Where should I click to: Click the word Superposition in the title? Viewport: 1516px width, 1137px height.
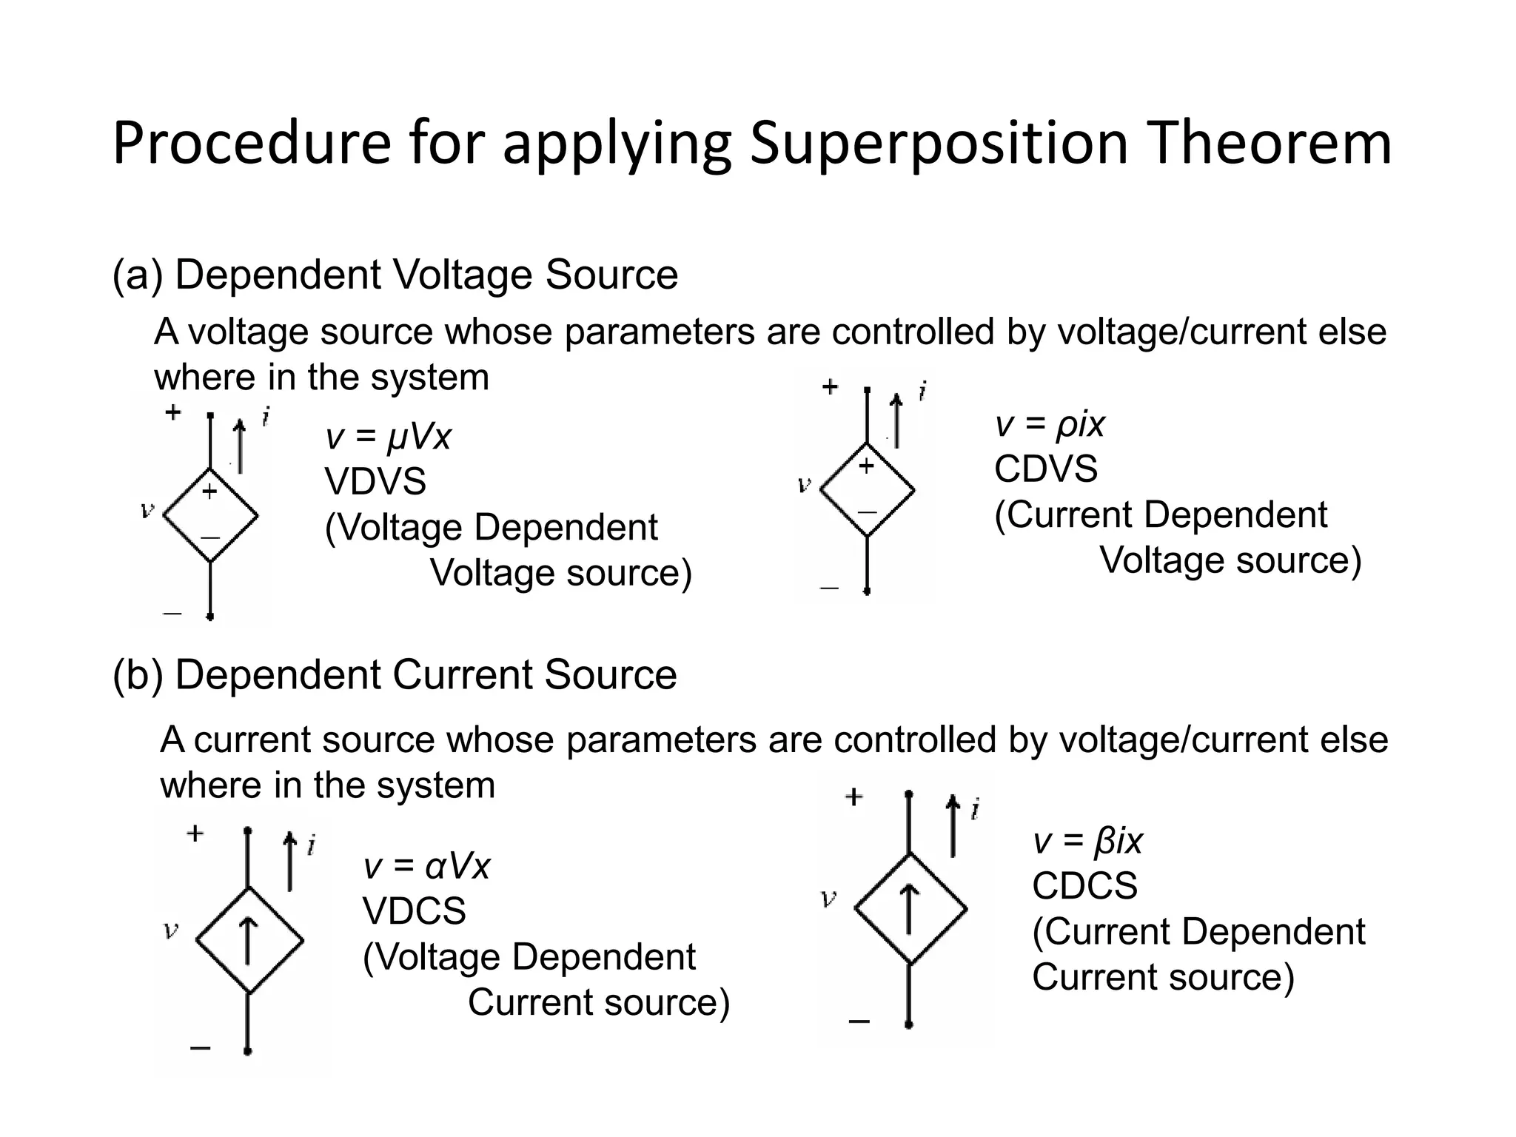[938, 143]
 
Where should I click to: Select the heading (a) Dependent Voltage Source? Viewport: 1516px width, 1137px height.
[395, 275]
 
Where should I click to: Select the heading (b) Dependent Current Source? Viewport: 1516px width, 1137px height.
[395, 674]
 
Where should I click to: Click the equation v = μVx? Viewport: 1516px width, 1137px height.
[388, 437]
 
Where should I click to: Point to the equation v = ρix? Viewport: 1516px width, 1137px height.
[1050, 424]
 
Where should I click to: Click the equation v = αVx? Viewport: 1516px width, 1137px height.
[426, 865]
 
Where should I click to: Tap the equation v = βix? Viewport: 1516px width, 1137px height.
[1087, 841]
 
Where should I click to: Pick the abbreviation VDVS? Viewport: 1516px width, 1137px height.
[375, 482]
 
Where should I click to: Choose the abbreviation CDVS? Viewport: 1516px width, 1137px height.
[1045, 469]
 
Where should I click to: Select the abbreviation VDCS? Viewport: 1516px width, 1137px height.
[414, 910]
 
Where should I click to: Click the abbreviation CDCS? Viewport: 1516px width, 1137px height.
[1084, 886]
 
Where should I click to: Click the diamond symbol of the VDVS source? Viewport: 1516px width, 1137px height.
[211, 515]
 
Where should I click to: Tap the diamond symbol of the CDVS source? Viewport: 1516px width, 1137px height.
[867, 489]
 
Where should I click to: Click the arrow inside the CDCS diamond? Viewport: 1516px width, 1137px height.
[910, 910]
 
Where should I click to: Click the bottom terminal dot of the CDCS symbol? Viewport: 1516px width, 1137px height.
[909, 1024]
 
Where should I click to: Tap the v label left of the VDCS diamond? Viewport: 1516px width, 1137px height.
[171, 930]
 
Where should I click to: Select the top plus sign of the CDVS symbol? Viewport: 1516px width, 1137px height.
[830, 386]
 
